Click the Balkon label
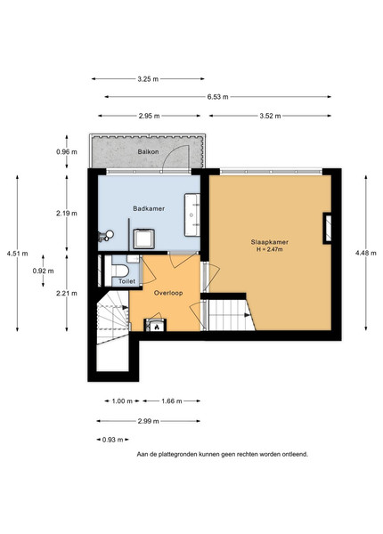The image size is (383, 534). point(148,151)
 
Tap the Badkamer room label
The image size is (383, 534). point(149,208)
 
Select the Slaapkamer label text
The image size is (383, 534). point(270,242)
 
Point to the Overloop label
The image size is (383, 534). point(168,293)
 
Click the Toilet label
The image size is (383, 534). point(126,281)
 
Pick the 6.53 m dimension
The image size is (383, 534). point(217,97)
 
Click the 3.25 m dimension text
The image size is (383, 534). point(148,79)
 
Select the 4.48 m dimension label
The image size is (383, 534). point(366,253)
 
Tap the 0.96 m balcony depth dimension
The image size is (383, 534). point(67,151)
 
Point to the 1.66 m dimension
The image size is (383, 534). point(172,401)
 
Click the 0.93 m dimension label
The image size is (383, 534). point(113,440)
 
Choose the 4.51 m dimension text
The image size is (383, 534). point(18,254)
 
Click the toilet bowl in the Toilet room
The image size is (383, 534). point(119,271)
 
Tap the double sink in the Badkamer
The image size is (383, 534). point(192,214)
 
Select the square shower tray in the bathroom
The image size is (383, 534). point(143,239)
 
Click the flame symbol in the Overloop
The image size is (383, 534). point(157,328)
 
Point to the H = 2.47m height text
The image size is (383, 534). point(270,249)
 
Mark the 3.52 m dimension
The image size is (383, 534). point(270,116)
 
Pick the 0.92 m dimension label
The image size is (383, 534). point(44,271)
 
